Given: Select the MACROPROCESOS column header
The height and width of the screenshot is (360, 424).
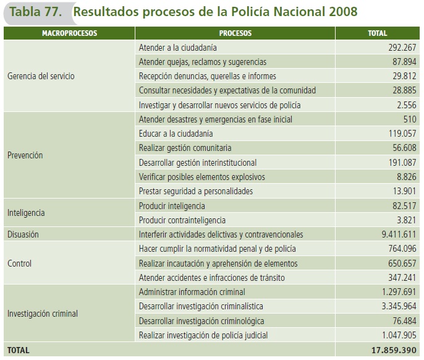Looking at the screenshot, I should (69, 33).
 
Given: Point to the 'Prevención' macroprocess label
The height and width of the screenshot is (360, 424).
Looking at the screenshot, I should (25, 155).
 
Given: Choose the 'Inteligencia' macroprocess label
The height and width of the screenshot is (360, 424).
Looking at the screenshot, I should (27, 213).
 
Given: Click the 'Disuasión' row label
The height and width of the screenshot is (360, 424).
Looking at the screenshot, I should (23, 234).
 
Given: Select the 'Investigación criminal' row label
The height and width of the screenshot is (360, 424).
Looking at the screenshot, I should (43, 314).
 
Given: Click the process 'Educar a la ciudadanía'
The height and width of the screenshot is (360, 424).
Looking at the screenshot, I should (176, 134).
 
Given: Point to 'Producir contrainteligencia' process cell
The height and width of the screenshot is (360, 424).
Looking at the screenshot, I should (182, 220).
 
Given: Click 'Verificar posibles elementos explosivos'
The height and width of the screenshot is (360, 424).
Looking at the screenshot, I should (201, 177).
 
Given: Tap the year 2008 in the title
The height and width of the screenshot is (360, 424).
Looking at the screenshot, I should (341, 11).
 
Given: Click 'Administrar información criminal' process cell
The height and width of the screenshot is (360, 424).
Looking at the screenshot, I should (192, 292).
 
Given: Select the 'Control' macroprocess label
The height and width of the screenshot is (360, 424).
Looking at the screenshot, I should (19, 264).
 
